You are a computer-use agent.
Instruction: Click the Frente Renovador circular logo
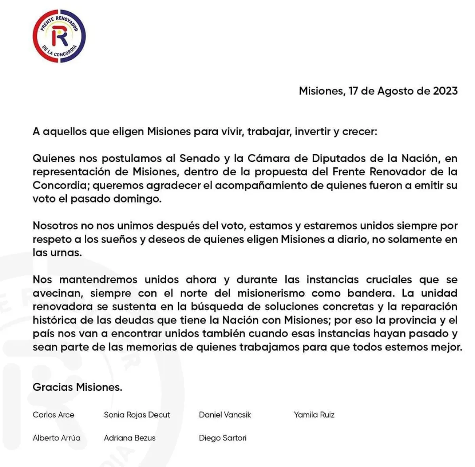click(59, 36)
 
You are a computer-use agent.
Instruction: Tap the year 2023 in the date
click(445, 91)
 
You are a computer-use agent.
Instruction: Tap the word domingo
click(137, 199)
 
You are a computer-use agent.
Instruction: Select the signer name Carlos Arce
click(53, 415)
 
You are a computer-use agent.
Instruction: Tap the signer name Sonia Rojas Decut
click(137, 415)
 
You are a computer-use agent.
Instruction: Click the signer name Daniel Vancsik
click(225, 415)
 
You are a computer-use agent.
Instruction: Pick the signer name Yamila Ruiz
click(314, 415)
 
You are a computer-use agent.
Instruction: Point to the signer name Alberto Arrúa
click(57, 438)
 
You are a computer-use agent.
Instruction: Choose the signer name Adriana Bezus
click(130, 438)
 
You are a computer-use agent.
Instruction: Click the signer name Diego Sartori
click(223, 438)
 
